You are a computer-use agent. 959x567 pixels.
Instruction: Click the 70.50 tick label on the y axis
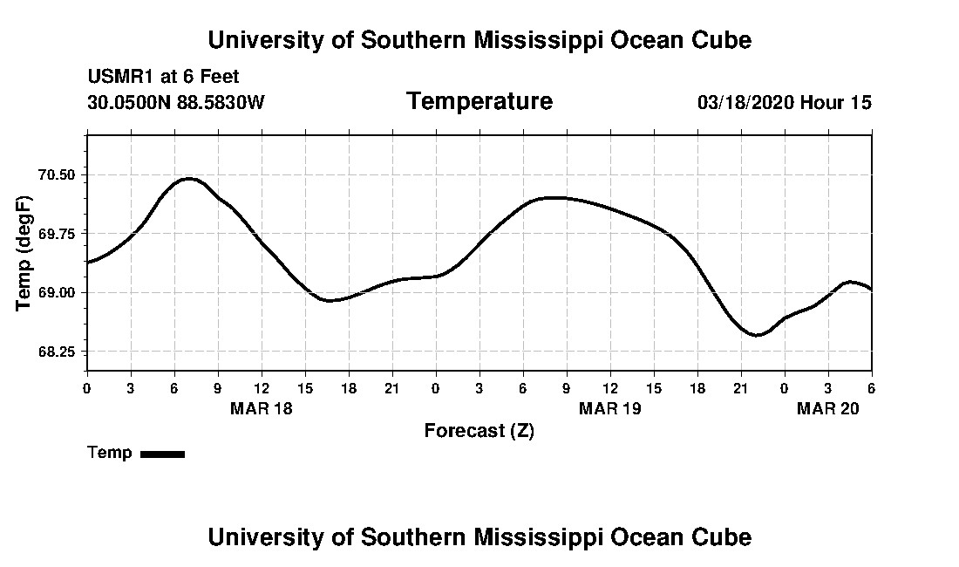coord(57,174)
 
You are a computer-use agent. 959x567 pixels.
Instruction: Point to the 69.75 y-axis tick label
coord(57,234)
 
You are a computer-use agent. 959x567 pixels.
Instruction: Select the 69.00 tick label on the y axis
coord(57,292)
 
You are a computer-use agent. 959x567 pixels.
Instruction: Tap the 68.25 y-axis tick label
coord(57,352)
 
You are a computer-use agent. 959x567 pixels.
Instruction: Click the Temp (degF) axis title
coord(24,253)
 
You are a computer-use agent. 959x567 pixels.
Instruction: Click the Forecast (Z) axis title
coord(479,430)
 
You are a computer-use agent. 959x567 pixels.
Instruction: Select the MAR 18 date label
coord(262,408)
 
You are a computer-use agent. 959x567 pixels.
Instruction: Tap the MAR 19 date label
coord(610,408)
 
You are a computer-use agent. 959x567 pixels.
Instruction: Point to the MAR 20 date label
coord(827,408)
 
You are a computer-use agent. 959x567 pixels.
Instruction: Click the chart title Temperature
coord(479,101)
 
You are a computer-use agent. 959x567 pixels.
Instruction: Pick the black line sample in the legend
coord(162,454)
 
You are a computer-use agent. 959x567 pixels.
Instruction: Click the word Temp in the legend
coord(110,453)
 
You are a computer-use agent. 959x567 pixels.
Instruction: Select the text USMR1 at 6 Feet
coord(163,77)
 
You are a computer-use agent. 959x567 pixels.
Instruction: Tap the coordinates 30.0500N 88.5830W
coord(175,102)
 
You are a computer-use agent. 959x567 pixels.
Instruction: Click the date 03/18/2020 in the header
coord(745,102)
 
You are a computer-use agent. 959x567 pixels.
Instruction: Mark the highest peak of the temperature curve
coord(189,179)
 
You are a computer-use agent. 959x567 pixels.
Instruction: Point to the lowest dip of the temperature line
coord(757,335)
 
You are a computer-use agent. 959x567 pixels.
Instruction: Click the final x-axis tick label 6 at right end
coord(871,388)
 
